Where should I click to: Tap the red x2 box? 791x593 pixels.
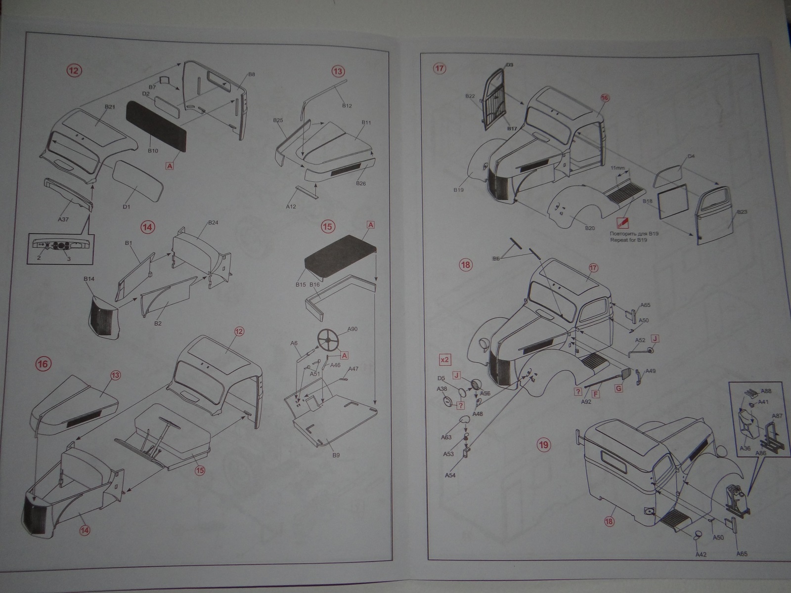point(444,359)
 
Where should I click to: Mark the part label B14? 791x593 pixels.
point(89,279)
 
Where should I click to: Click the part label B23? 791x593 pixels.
point(742,212)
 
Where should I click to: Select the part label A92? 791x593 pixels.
point(586,402)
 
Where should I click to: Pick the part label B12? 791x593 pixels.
point(347,106)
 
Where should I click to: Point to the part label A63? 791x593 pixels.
point(446,437)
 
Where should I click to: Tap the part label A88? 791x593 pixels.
point(766,391)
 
